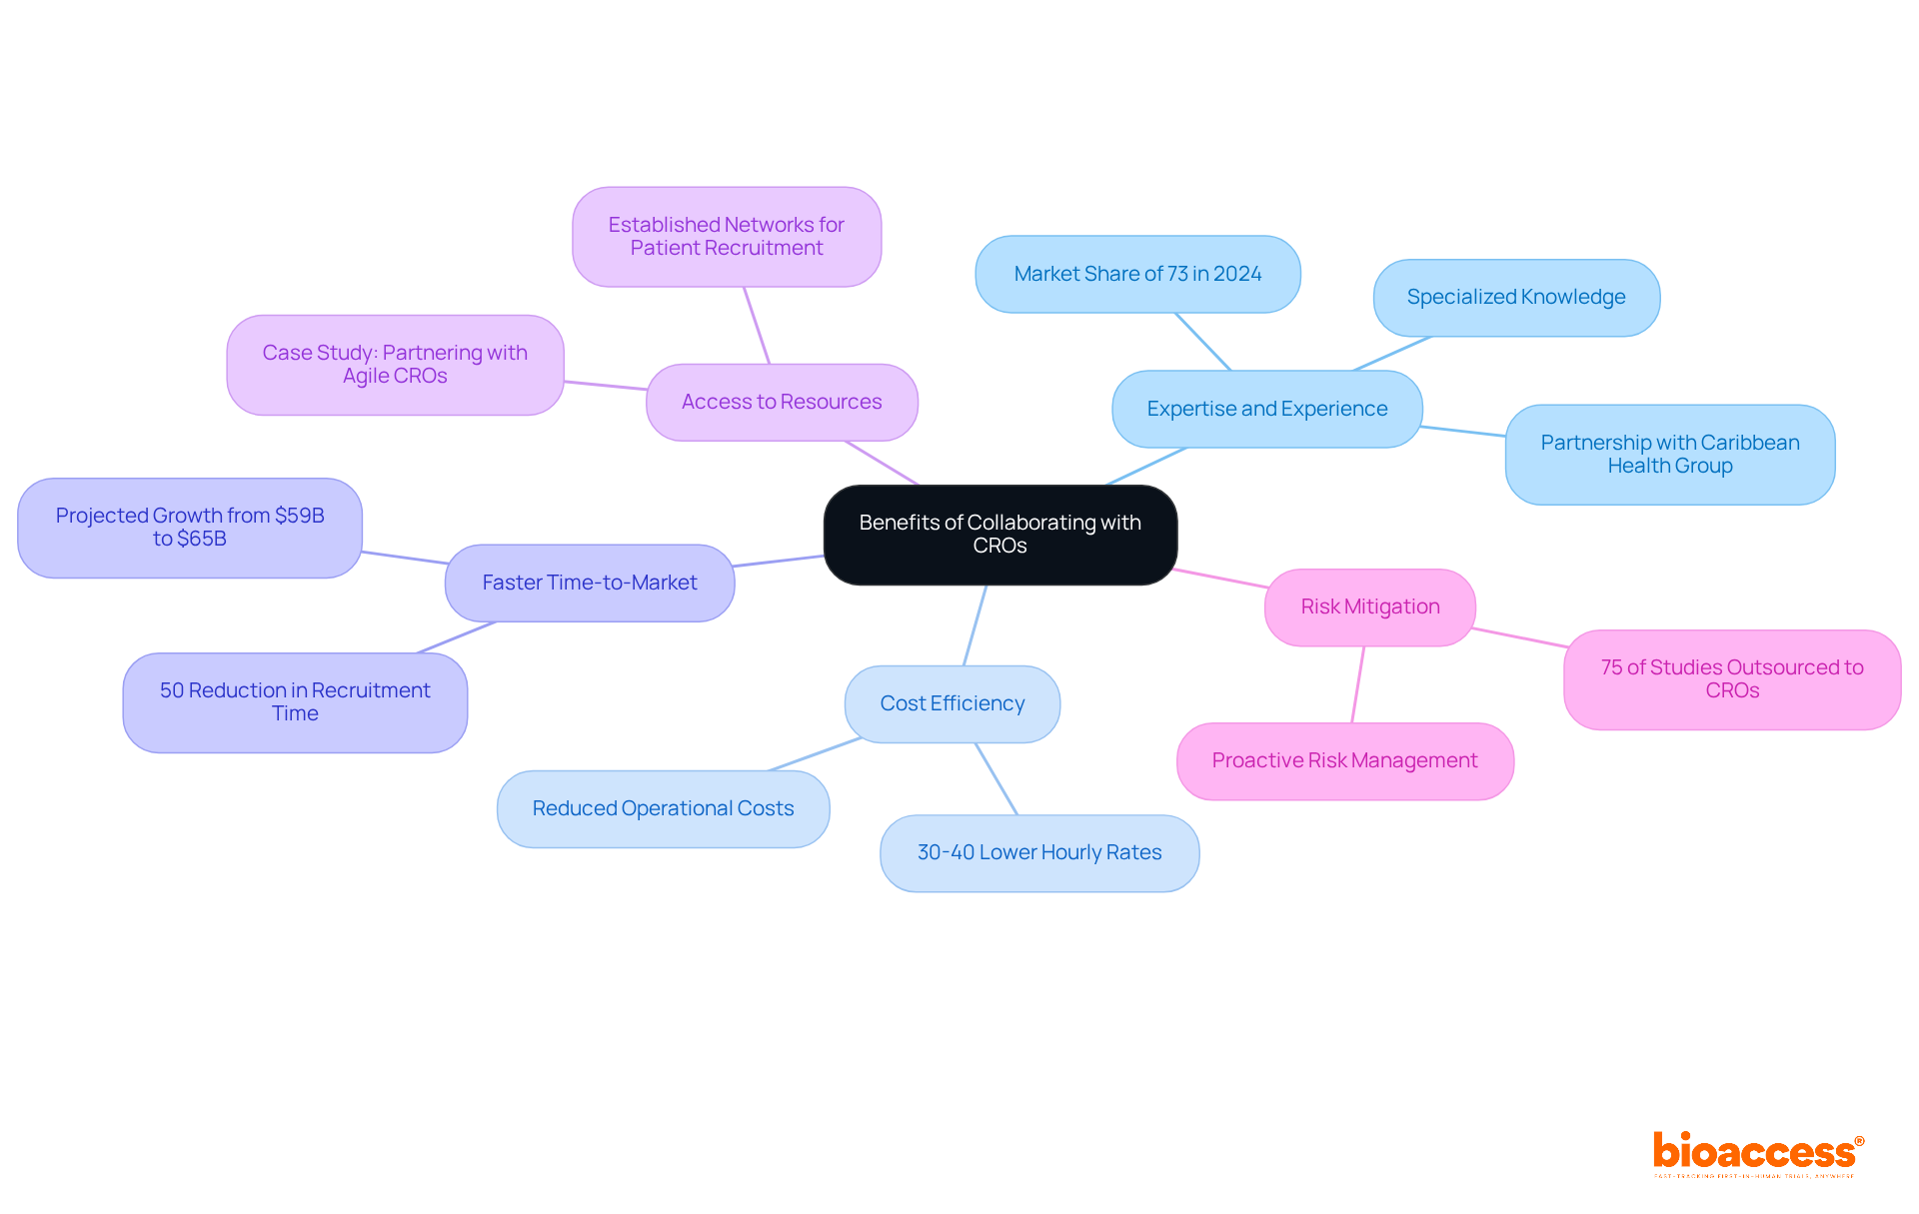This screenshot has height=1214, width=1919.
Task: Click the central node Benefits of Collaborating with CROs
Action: pos(999,535)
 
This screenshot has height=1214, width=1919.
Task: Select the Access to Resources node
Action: pos(782,402)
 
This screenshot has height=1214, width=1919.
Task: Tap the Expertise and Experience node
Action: pos(1266,409)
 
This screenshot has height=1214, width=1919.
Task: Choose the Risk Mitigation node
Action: pos(1369,607)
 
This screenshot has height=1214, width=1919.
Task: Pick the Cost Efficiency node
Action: pos(952,703)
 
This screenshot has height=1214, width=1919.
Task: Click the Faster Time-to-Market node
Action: pos(590,583)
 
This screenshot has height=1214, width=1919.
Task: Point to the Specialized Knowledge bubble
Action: pos(1515,297)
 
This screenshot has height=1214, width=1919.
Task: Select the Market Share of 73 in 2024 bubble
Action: pos(1137,274)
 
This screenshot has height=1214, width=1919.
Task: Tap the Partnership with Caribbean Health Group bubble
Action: pos(1669,454)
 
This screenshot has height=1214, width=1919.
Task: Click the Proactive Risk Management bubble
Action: pos(1344,760)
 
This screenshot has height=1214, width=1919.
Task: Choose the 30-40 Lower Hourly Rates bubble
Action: pos(1039,852)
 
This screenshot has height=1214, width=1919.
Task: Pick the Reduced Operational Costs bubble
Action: pos(663,808)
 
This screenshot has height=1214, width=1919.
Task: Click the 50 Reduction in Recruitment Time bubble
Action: pos(295,701)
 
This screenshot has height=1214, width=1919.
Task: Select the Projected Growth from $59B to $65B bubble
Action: pos(190,527)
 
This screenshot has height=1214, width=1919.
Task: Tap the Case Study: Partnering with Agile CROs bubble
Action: pos(395,364)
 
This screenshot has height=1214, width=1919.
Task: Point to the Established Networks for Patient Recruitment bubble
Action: pos(727,236)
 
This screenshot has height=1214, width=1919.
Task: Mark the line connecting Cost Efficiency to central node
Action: pos(975,624)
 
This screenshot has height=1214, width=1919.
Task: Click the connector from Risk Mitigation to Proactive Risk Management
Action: pos(1358,684)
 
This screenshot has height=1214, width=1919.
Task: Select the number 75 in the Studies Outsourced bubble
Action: pos(1611,667)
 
